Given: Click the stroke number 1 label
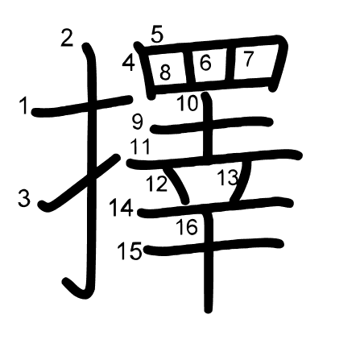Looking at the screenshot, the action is [24, 106].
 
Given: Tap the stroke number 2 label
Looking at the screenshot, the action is [67, 38].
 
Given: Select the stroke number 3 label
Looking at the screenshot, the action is [24, 197].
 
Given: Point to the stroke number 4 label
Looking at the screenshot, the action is [129, 63].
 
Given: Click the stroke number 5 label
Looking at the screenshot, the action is [157, 35].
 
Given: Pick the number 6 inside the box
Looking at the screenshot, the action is [205, 64].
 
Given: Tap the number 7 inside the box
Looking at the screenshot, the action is [248, 59].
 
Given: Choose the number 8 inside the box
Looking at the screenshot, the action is [165, 72].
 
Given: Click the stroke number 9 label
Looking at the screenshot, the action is [138, 122].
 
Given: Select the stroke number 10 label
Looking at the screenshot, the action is [188, 103].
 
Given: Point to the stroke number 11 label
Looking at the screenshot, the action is [140, 147].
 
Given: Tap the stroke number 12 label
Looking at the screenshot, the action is [157, 184].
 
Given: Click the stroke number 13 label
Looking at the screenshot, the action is [228, 177].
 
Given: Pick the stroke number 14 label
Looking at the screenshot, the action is [122, 208].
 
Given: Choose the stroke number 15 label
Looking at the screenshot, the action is [130, 251].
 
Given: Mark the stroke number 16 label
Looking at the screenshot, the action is [187, 227].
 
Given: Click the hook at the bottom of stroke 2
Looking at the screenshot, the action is [77, 289].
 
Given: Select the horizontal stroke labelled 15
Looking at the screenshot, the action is [214, 247].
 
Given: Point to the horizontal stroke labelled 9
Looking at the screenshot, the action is [212, 126].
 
